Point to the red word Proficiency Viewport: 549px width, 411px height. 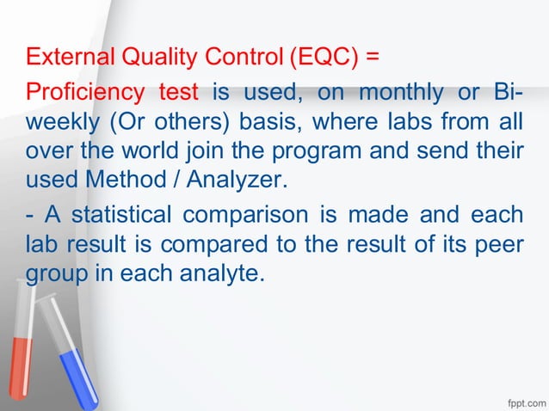tap(83, 91)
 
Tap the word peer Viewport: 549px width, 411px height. tap(500, 245)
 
